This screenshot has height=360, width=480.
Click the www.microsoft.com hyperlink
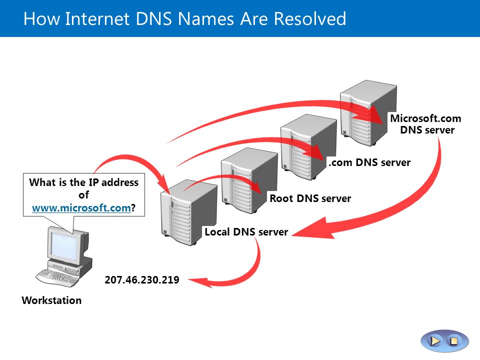[x=81, y=208]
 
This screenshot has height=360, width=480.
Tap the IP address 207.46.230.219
[x=142, y=280]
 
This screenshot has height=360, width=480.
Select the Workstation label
[x=51, y=300]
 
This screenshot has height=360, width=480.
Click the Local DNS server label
[x=246, y=232]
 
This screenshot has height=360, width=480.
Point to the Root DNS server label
[x=310, y=198]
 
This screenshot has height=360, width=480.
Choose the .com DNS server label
[x=369, y=162]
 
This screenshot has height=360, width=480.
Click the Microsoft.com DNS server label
[x=426, y=124]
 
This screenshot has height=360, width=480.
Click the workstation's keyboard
[x=57, y=277]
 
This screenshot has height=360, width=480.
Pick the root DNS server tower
[x=249, y=180]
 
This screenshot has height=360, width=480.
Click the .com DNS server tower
[x=308, y=147]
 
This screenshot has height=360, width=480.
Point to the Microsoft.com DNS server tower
[x=368, y=113]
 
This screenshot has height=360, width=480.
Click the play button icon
[x=434, y=340]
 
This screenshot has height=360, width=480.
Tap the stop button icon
[x=454, y=340]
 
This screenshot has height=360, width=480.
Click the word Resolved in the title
[x=310, y=18]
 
